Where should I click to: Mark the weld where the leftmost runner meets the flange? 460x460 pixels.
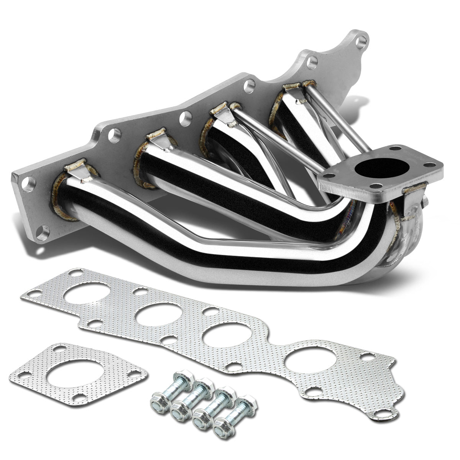[x=61, y=199]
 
